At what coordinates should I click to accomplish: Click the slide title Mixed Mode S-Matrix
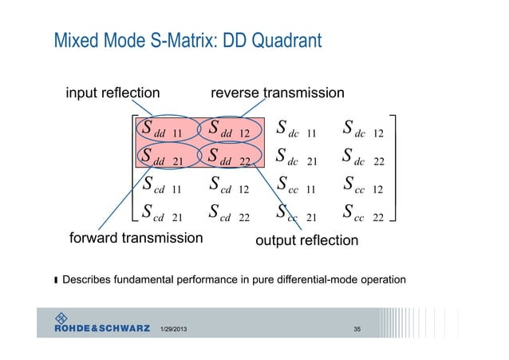(x=187, y=38)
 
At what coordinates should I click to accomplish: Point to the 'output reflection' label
(x=306, y=240)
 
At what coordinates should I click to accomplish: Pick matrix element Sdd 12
(x=230, y=129)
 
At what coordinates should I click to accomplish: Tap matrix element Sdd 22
(x=230, y=158)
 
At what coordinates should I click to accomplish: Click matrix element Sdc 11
(x=297, y=129)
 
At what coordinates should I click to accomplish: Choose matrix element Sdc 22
(x=363, y=158)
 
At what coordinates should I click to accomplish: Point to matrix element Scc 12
(x=363, y=188)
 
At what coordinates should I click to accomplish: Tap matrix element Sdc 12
(x=363, y=129)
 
